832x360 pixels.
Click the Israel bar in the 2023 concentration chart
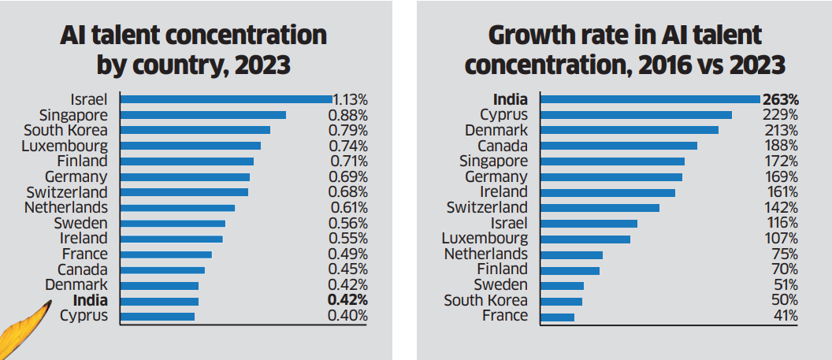point(226,99)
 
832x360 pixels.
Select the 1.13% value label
point(350,99)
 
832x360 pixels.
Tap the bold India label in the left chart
point(90,301)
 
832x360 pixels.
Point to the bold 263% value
point(781,99)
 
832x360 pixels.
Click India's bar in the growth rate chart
point(651,99)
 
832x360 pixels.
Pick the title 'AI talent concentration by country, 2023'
point(194,50)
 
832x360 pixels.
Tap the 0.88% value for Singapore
point(347,115)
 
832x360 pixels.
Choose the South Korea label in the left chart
point(65,130)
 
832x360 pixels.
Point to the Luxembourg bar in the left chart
point(190,146)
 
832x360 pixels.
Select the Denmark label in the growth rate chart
point(496,130)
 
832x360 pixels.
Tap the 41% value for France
point(786,317)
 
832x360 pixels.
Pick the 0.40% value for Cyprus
point(347,317)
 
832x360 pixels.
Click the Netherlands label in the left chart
point(66,208)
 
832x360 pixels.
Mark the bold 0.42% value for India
point(347,301)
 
